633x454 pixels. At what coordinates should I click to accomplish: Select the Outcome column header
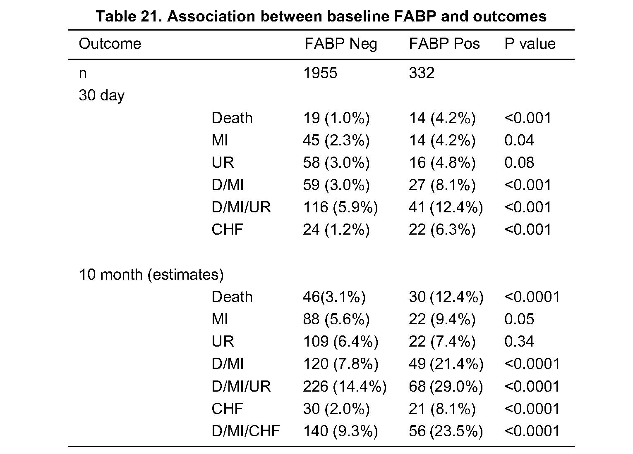click(x=110, y=44)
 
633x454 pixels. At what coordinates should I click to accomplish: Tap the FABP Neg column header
click(x=341, y=44)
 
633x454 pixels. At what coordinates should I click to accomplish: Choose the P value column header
click(x=530, y=44)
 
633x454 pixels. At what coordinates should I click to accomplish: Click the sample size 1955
click(x=320, y=73)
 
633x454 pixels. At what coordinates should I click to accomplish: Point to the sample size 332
click(x=421, y=73)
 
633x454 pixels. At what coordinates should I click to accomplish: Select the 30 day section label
click(x=102, y=96)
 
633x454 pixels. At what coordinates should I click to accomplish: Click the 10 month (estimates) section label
click(x=151, y=275)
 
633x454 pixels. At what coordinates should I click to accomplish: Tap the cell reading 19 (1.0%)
click(x=336, y=118)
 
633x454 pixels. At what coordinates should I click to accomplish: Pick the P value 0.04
click(x=519, y=140)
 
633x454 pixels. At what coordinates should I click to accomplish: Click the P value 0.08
click(x=519, y=162)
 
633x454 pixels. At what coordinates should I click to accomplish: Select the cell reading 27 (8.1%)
click(x=442, y=185)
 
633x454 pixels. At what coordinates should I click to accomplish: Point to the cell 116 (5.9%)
click(x=340, y=207)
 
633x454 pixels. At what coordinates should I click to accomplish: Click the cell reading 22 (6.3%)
click(x=442, y=230)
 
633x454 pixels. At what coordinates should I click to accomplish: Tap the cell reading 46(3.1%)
click(x=334, y=297)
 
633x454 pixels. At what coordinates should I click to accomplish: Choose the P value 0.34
click(x=519, y=341)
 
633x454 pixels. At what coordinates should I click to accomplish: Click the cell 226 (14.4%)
click(x=345, y=387)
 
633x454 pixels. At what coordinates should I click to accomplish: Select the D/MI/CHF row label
click(x=246, y=431)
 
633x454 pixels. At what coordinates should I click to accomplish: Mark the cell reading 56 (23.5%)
click(x=446, y=431)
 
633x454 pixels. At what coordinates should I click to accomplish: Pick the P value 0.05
click(x=519, y=319)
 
